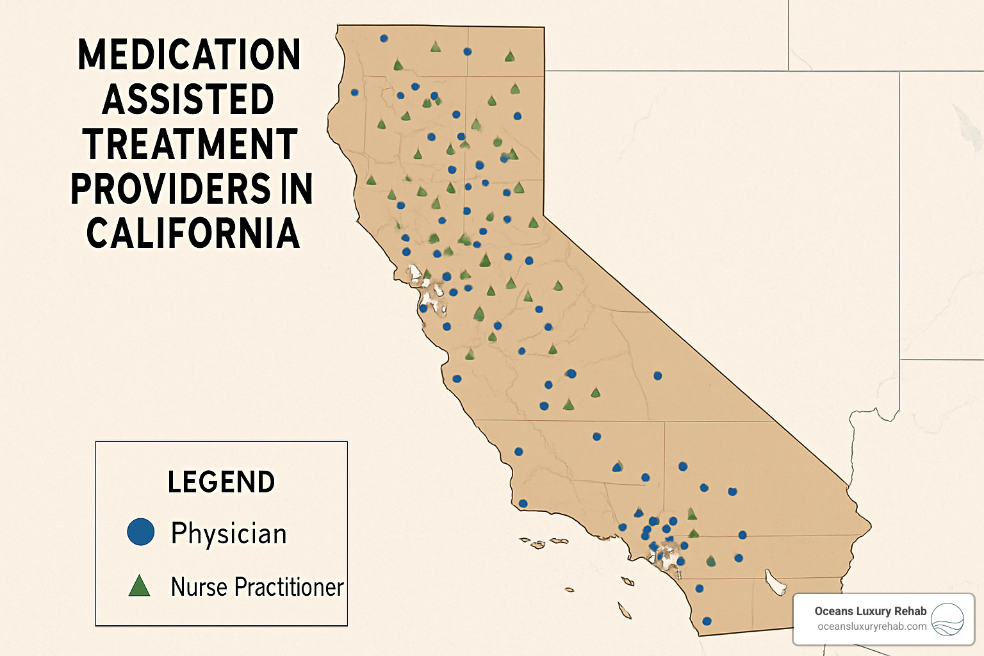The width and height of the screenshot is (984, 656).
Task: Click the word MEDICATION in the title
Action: click(x=189, y=55)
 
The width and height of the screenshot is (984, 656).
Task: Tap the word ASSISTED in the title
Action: click(x=188, y=100)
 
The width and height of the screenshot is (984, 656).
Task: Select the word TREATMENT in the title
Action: click(x=190, y=144)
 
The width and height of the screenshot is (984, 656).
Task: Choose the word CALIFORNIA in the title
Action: click(x=193, y=233)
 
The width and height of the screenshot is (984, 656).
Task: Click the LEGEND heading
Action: click(x=221, y=482)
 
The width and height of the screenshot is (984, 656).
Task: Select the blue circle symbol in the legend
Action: click(x=141, y=532)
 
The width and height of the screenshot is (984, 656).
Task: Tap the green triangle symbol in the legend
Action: click(x=139, y=586)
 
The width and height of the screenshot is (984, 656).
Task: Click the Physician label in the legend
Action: click(x=229, y=533)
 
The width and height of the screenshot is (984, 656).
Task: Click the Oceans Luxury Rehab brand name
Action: click(x=870, y=611)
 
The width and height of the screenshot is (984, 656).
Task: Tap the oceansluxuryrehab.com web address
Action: click(x=871, y=627)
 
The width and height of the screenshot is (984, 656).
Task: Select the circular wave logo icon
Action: click(x=947, y=619)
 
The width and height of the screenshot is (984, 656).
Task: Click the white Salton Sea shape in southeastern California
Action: click(x=775, y=582)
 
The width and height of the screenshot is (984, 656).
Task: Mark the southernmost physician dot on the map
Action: click(x=707, y=621)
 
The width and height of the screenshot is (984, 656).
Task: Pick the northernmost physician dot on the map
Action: click(x=384, y=38)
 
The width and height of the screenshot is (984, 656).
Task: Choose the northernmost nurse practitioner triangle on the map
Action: click(x=436, y=47)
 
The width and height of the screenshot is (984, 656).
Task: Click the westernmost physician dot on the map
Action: click(x=354, y=92)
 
